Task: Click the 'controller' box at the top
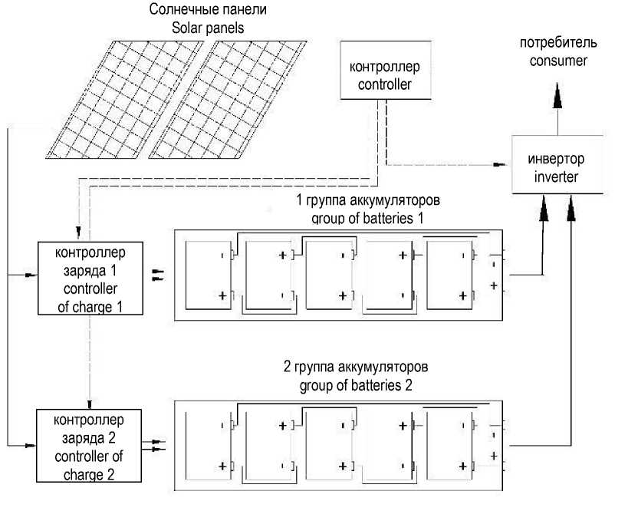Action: [385, 70]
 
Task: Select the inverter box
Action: [557, 164]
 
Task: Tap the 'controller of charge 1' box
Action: [90, 278]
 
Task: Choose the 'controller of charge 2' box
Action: [89, 446]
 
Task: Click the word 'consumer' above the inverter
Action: [558, 61]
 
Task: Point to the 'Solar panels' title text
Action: [208, 28]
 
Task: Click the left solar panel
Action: [124, 99]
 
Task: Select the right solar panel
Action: [228, 99]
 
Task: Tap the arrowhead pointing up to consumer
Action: [557, 95]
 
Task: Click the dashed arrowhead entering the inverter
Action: [499, 164]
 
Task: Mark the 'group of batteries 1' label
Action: [367, 219]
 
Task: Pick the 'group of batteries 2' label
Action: [356, 385]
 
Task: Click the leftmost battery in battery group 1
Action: [209, 275]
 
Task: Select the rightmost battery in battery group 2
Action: [450, 446]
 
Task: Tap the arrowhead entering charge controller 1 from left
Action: [31, 275]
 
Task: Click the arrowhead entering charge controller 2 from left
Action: [30, 446]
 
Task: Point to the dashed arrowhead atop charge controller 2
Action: [90, 404]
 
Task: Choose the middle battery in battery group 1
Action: [329, 275]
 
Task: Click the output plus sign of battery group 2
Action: [494, 456]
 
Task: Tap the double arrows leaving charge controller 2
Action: [154, 445]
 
